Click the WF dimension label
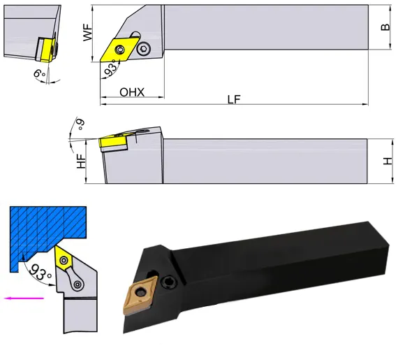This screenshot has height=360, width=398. point(87,32)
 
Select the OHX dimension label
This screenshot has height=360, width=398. point(132,92)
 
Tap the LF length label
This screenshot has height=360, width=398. point(234,99)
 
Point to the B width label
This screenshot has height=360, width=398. point(385,27)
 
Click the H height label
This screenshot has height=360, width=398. point(388,161)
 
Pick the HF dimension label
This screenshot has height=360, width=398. point(82,161)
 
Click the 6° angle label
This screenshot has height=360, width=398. point(39,73)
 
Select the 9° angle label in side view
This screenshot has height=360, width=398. point(81,124)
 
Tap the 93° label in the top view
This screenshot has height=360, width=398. point(112,68)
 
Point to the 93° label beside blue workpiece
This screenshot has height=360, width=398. point(40,272)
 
